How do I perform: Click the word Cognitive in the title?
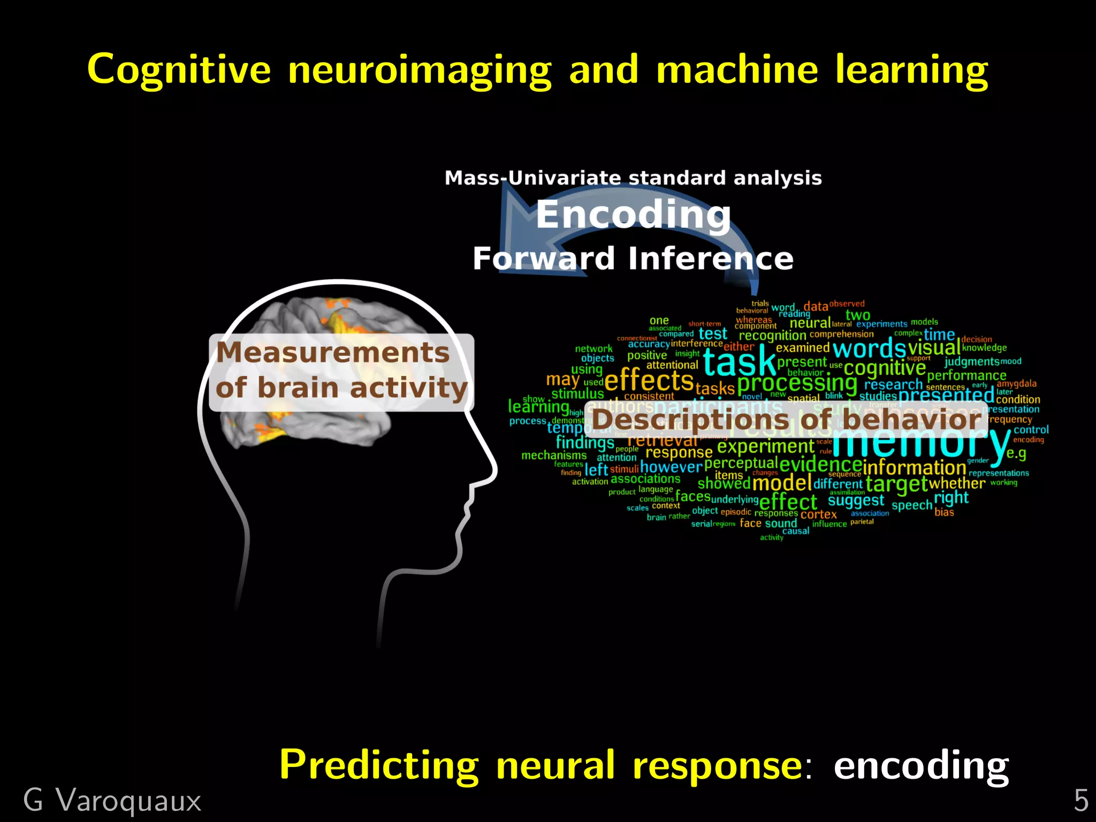[x=179, y=70]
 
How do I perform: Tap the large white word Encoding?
[x=633, y=215]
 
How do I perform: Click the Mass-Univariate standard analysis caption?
[x=633, y=178]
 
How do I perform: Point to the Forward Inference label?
[x=633, y=258]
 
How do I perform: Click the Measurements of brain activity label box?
[x=341, y=371]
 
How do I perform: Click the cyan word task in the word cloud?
[x=740, y=362]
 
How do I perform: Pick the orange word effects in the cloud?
[x=649, y=381]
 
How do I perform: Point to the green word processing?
[x=797, y=383]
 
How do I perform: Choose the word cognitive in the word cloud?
[x=885, y=368]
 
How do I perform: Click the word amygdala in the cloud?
[x=1016, y=384]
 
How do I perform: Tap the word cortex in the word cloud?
[x=818, y=514]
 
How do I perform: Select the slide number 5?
[x=1081, y=801]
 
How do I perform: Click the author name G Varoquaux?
[x=112, y=801]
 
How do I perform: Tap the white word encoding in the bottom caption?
[x=921, y=765]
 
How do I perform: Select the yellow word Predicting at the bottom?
[x=379, y=765]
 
